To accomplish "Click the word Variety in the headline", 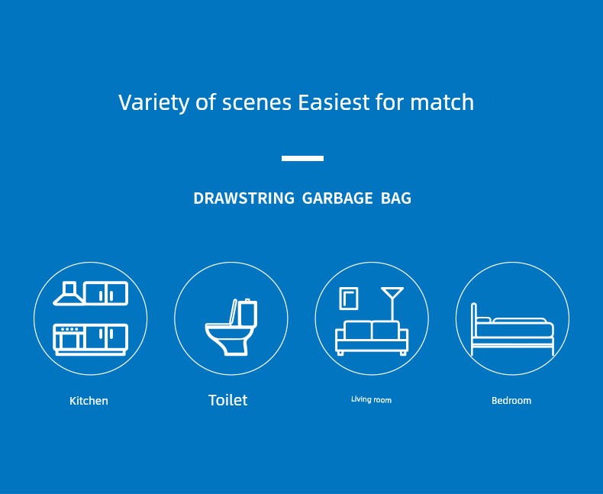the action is [153, 103].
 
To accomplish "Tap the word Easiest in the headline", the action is [334, 102].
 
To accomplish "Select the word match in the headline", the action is [442, 102].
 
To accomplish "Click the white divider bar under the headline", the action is [302, 158].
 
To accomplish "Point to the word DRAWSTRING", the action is [243, 199].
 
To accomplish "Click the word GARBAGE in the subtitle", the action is [337, 199].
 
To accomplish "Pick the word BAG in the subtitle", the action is [395, 199].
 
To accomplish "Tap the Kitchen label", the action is [89, 401].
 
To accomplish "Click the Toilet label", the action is [227, 400].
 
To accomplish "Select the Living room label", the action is [371, 400].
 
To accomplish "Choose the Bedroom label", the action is [511, 401].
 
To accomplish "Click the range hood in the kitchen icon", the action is [69, 293].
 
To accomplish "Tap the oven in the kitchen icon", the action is [69, 337].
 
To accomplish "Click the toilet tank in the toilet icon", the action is [247, 312].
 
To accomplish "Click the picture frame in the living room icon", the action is [349, 299].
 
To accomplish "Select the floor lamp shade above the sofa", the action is [392, 292].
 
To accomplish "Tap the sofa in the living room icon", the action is [372, 337].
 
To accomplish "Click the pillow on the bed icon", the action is [483, 320].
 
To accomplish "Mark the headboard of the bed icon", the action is [474, 329].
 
